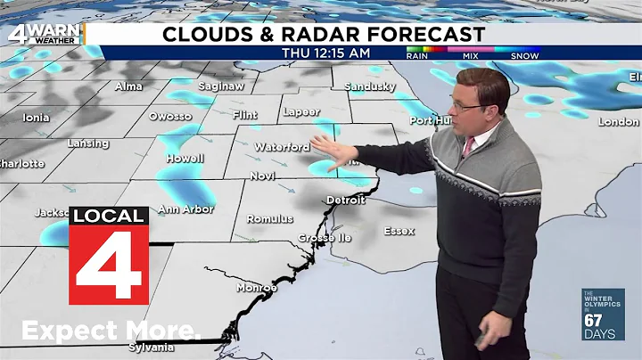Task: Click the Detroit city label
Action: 346,200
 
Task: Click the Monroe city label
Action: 256,288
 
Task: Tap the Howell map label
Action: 185,158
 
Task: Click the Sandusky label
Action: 369,86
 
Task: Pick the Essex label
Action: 399,231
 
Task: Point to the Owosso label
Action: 170,116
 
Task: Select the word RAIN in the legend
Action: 416,55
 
